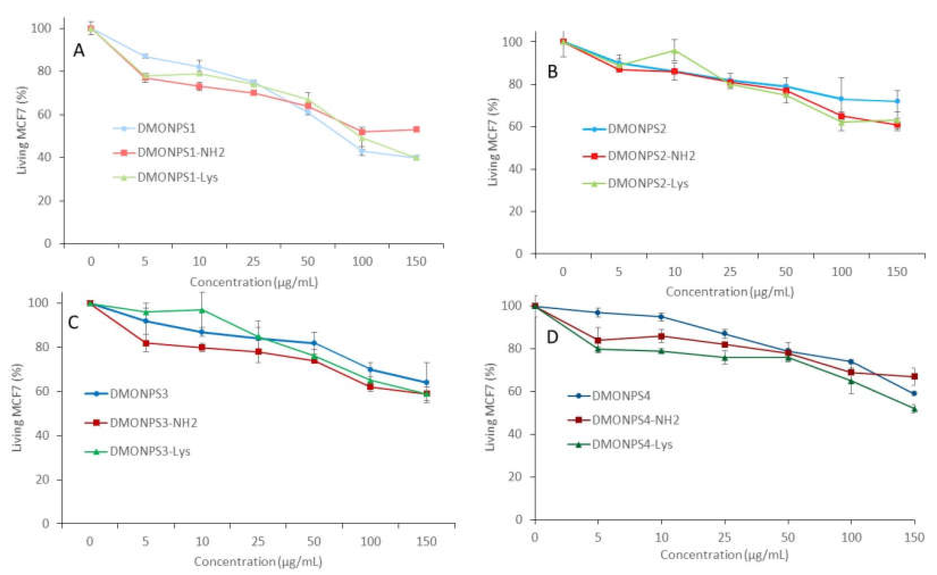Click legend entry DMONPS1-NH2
point(181,153)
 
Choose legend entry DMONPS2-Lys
point(648,183)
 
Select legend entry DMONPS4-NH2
point(635,420)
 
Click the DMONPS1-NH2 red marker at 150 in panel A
point(416,129)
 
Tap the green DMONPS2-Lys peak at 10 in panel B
point(674,51)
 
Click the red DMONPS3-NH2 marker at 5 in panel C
point(146,343)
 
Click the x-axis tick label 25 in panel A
point(253,261)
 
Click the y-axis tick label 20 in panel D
point(516,477)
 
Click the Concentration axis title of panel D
point(725,555)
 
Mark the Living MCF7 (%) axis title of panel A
point(22,131)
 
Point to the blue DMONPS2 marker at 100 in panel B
point(841,99)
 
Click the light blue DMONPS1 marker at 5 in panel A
point(145,56)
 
